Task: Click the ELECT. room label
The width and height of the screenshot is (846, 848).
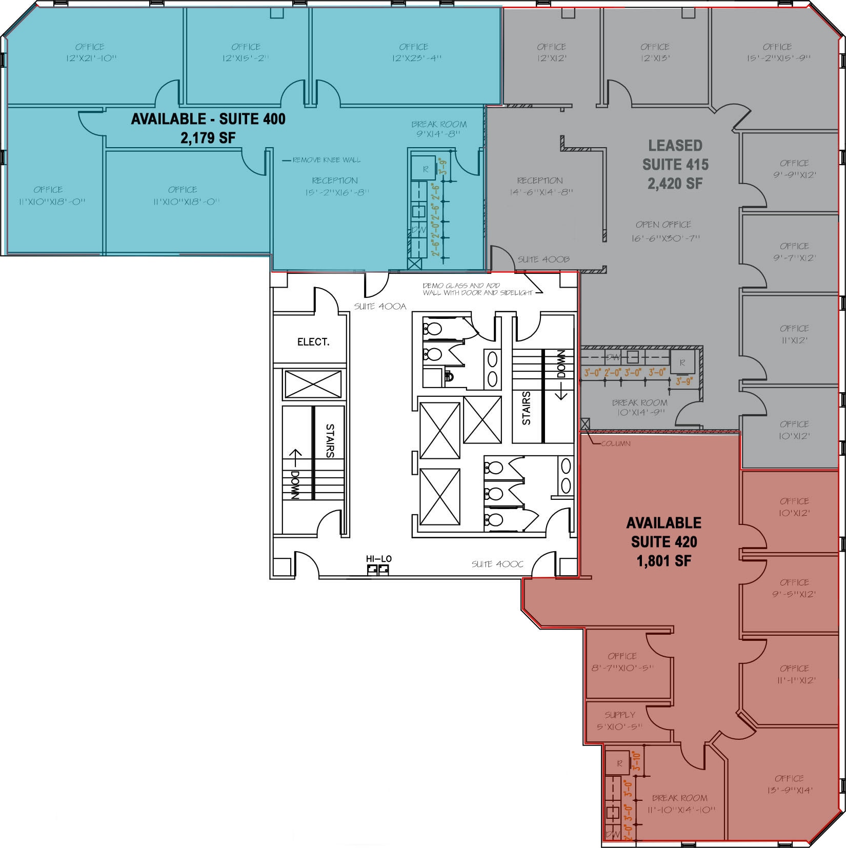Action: pos(313,342)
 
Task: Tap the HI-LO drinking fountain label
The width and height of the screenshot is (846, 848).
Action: pos(378,559)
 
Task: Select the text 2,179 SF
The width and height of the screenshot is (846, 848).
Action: pos(208,138)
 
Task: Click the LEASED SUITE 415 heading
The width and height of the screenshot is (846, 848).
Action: pos(675,164)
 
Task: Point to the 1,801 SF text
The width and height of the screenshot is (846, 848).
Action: pos(663,561)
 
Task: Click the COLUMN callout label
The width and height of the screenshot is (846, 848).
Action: pos(615,443)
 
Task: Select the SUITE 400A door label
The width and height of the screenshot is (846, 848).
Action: pos(380,307)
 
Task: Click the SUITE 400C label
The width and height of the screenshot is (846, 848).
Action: pos(497,564)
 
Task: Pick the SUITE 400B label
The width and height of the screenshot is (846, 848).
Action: pos(543,259)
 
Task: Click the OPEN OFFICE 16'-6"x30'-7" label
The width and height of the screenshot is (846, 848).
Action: pos(664,231)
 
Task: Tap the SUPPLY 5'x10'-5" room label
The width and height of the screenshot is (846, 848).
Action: pos(619,720)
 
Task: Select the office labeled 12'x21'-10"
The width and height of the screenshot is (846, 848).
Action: pos(91,52)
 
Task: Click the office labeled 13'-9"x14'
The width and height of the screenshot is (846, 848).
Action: pos(789,784)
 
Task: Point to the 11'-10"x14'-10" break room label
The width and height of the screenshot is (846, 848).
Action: pos(680,804)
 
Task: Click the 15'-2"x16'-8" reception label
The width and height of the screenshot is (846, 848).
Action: pos(335,187)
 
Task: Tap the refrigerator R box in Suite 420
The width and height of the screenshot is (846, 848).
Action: pos(619,763)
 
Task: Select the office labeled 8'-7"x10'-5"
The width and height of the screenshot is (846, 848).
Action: pos(622,662)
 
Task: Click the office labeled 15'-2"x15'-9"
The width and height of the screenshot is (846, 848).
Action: pos(778,52)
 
